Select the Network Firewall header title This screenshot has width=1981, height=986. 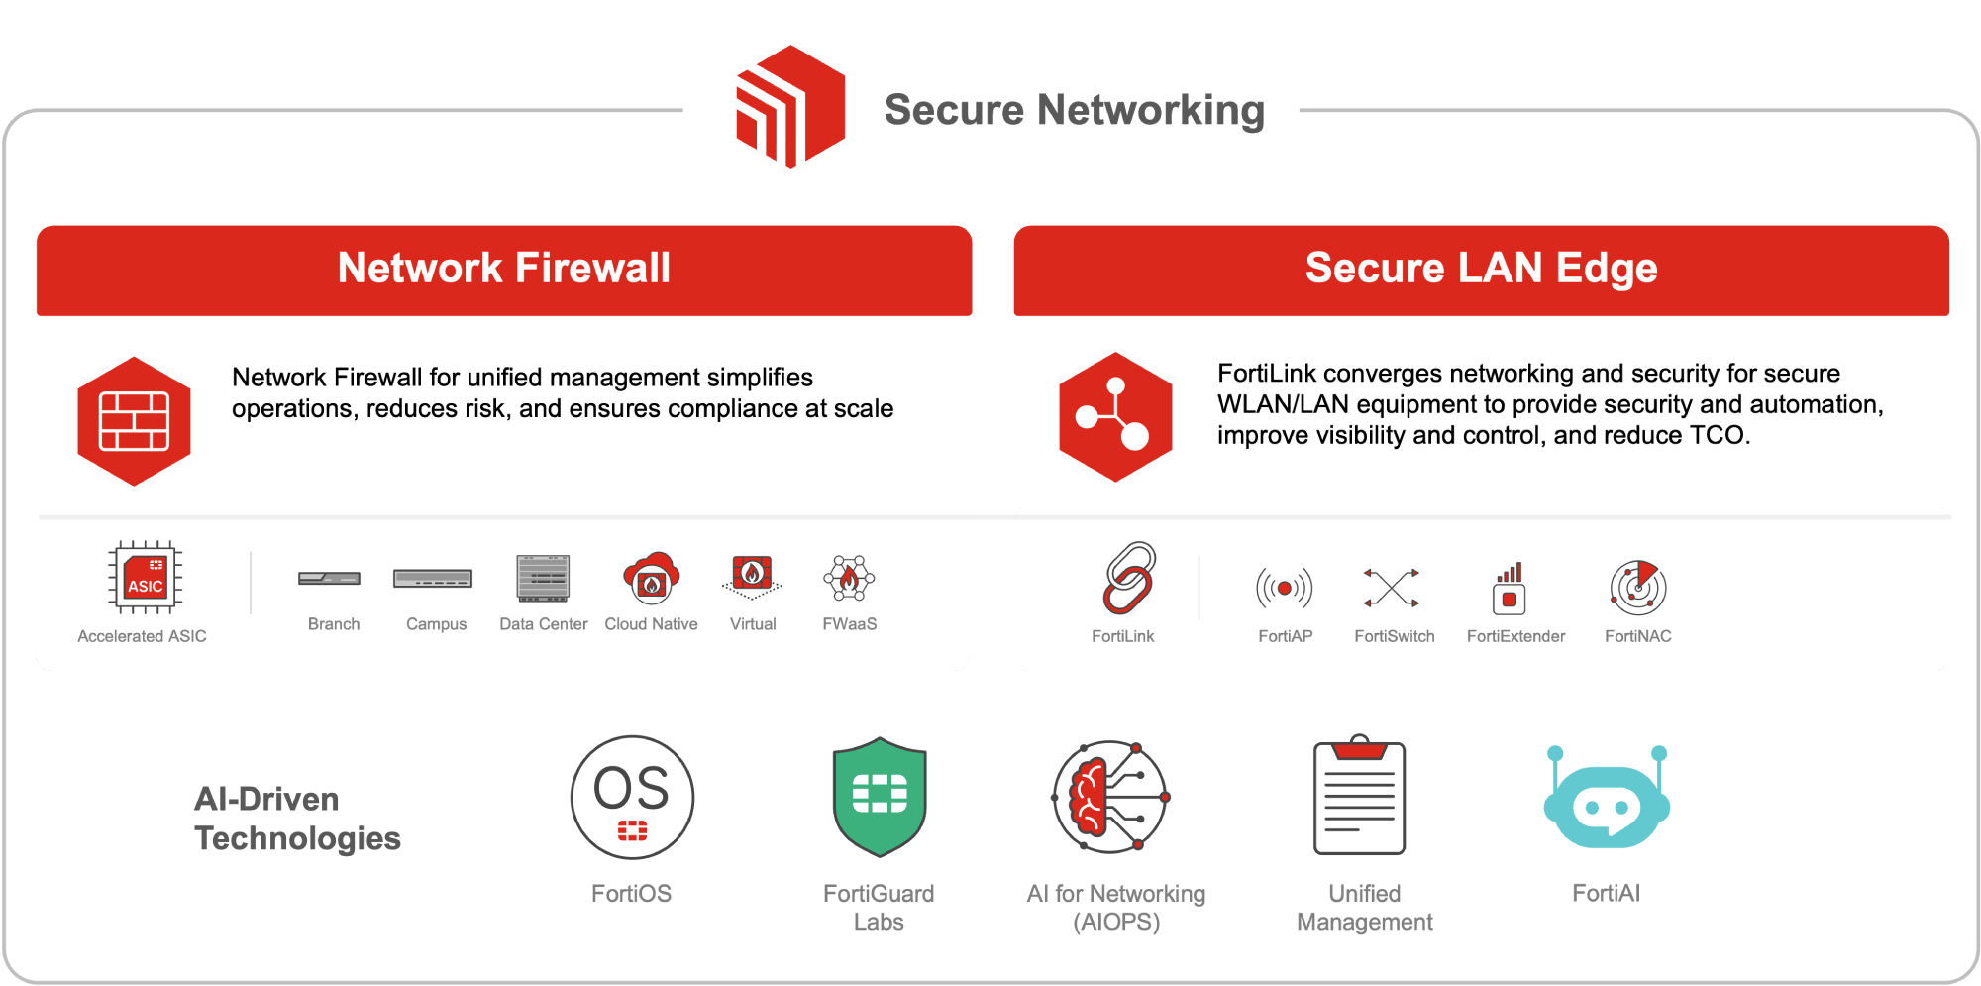(x=503, y=268)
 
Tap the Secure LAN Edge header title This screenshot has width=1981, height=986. (x=1481, y=268)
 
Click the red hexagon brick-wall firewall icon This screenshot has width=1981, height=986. (x=134, y=421)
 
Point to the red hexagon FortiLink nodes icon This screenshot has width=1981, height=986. (x=1115, y=417)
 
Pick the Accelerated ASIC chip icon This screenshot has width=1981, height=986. (x=145, y=578)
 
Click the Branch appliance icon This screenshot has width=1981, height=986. (x=330, y=578)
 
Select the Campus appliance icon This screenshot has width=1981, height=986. (x=433, y=578)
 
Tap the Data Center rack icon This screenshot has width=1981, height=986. (x=543, y=578)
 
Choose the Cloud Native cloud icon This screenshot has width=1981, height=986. (x=651, y=578)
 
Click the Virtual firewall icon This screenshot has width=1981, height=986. (x=752, y=576)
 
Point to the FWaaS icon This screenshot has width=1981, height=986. (x=849, y=578)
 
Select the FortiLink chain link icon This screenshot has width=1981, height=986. (x=1129, y=578)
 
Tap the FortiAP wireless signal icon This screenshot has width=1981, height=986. (x=1285, y=588)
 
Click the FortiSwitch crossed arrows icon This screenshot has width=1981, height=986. (x=1392, y=588)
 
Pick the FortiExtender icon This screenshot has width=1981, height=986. (x=1510, y=589)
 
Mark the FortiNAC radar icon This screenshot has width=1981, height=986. (x=1638, y=588)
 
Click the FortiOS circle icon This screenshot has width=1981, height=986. (x=632, y=797)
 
